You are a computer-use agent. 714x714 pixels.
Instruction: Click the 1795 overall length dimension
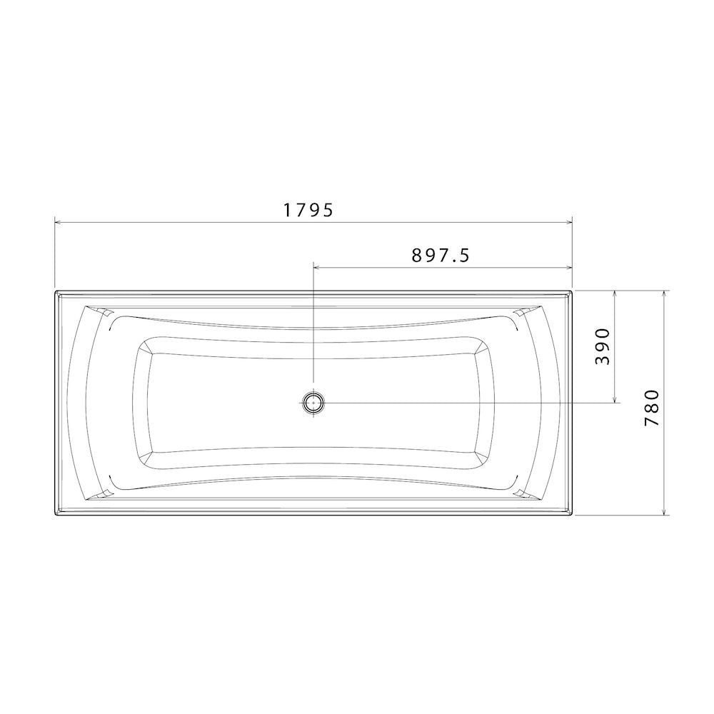(308, 211)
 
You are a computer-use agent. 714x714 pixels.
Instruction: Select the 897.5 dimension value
(441, 256)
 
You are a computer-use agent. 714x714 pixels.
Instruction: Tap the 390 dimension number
(602, 346)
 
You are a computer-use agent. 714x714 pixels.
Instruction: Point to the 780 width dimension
(652, 408)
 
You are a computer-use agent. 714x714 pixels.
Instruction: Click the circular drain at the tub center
(313, 403)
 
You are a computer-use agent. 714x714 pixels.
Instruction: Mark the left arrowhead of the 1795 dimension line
(58, 223)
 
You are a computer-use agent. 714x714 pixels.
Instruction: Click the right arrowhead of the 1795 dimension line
(569, 223)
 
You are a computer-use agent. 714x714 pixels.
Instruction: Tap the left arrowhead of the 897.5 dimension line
(317, 268)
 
